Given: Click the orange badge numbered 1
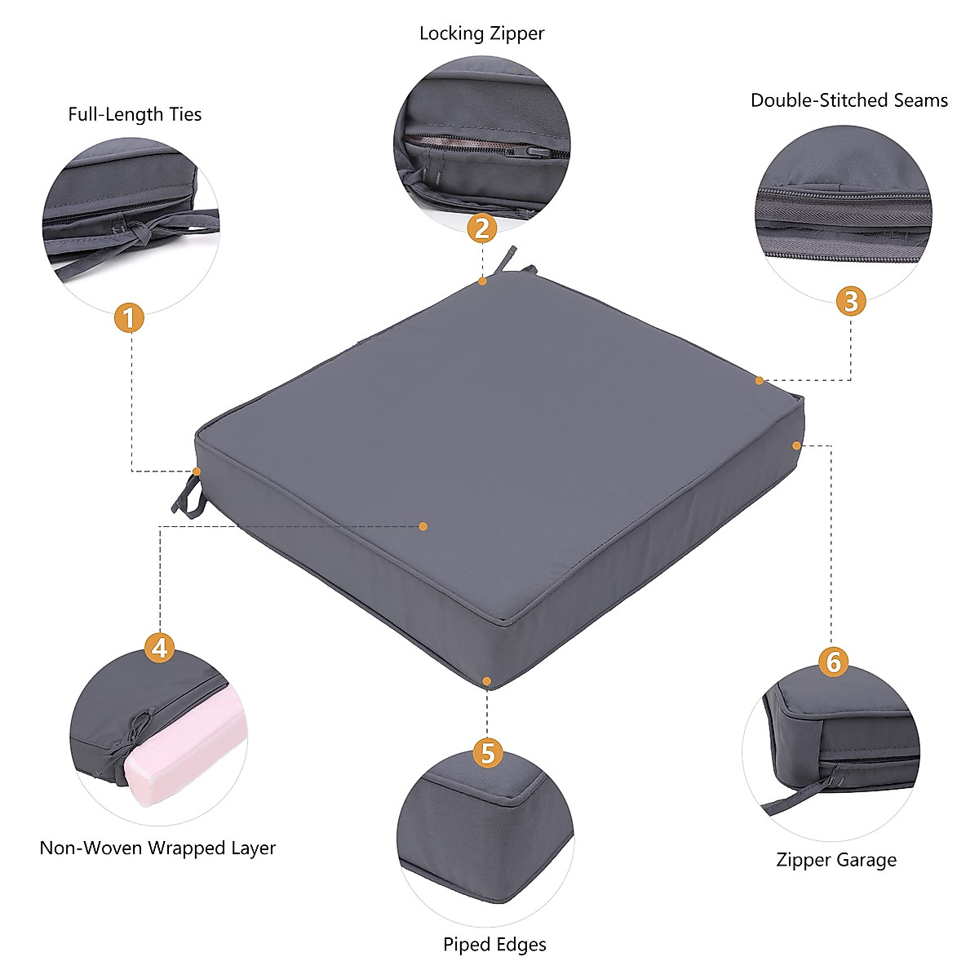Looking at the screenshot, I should tap(129, 317).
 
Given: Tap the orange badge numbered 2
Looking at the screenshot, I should tap(482, 228).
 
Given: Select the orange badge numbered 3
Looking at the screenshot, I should tap(850, 301).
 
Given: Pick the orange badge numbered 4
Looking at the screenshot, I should tap(160, 648).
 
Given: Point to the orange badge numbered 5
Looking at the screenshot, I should tap(487, 753).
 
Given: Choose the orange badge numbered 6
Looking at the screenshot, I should tap(832, 662).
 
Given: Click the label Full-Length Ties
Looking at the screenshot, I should tap(135, 114).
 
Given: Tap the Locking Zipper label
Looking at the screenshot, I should tap(481, 34).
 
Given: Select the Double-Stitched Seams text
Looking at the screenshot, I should tap(848, 100).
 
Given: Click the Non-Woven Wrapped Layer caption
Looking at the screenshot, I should tap(157, 848).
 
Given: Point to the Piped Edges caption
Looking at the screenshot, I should tap(494, 945).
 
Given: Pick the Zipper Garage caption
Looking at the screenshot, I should tap(835, 860).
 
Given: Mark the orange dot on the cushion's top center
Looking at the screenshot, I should tap(423, 526).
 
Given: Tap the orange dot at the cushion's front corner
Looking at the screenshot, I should tap(486, 680).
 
